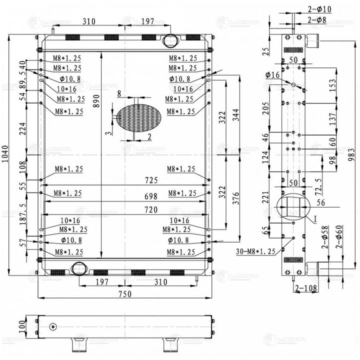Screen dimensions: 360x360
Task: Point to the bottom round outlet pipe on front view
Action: (78, 268)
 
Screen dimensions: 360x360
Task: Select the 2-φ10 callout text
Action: (320, 9)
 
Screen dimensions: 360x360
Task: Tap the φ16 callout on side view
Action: (273, 75)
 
